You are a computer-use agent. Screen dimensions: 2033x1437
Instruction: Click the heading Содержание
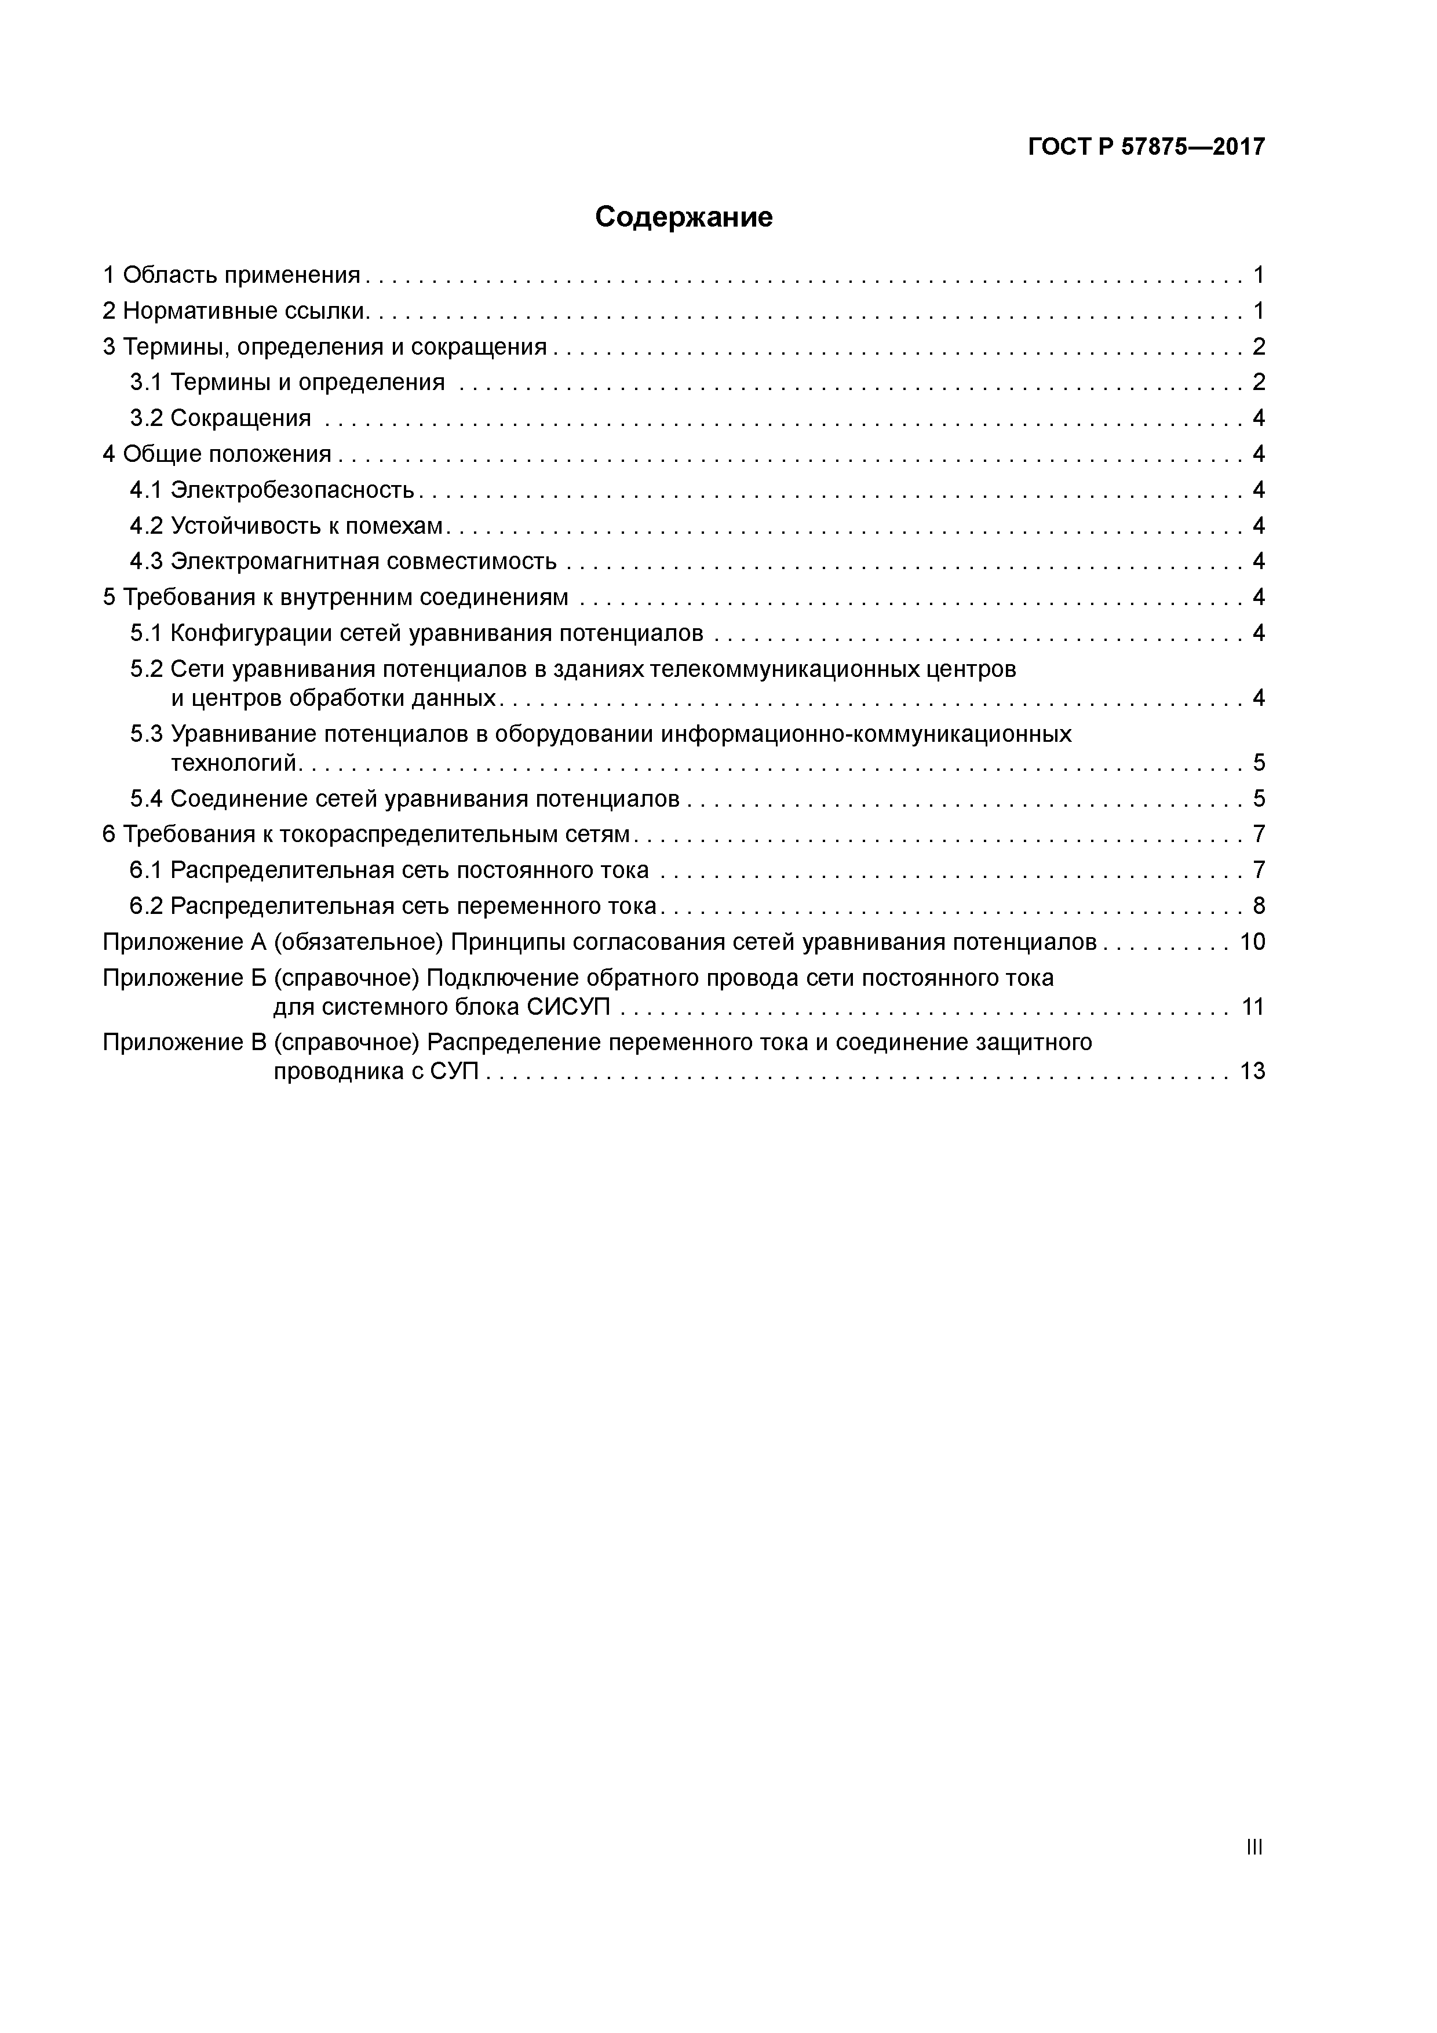tap(684, 217)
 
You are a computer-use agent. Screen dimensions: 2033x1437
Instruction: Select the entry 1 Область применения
tap(232, 275)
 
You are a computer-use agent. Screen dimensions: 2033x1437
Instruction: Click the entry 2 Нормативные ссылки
tap(235, 311)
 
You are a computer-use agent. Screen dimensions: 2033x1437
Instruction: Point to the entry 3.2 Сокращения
tap(220, 418)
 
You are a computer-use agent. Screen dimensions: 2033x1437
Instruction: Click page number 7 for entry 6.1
tap(1258, 870)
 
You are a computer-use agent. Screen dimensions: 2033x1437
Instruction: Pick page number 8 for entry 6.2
tap(1258, 906)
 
